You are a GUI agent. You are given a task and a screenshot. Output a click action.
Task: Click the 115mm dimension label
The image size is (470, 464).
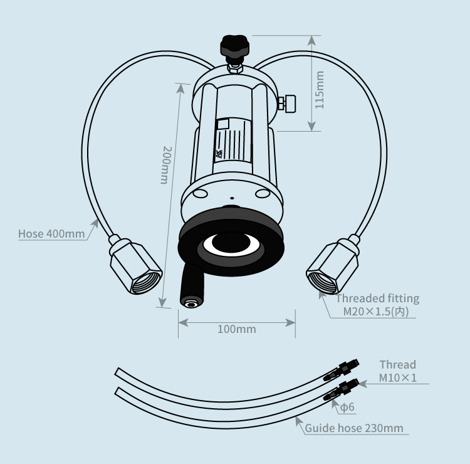click(320, 90)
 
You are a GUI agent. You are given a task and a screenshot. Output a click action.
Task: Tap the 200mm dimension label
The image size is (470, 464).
click(165, 165)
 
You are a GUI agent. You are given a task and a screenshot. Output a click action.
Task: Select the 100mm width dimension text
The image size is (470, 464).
click(236, 329)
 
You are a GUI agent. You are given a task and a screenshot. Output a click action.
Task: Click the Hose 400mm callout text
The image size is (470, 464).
click(51, 235)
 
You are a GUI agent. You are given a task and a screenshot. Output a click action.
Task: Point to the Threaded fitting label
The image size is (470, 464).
click(378, 298)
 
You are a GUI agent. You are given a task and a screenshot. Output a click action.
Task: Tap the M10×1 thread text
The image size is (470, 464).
click(397, 377)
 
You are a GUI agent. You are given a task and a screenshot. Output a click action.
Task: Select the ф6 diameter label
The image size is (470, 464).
click(347, 408)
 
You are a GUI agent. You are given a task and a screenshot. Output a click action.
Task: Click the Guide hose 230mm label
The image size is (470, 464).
click(354, 429)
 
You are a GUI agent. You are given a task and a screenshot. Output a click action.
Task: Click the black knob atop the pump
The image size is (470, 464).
click(234, 46)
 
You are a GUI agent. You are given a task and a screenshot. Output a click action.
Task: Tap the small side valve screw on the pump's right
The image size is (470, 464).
click(288, 103)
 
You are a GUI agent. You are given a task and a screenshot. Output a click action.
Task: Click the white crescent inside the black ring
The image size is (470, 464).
click(231, 245)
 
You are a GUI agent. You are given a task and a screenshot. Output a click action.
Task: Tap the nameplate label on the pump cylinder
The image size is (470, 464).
click(232, 140)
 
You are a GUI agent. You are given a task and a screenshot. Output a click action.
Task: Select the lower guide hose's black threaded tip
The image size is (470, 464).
click(342, 389)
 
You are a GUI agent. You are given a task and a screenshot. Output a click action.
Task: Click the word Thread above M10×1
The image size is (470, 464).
click(397, 364)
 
